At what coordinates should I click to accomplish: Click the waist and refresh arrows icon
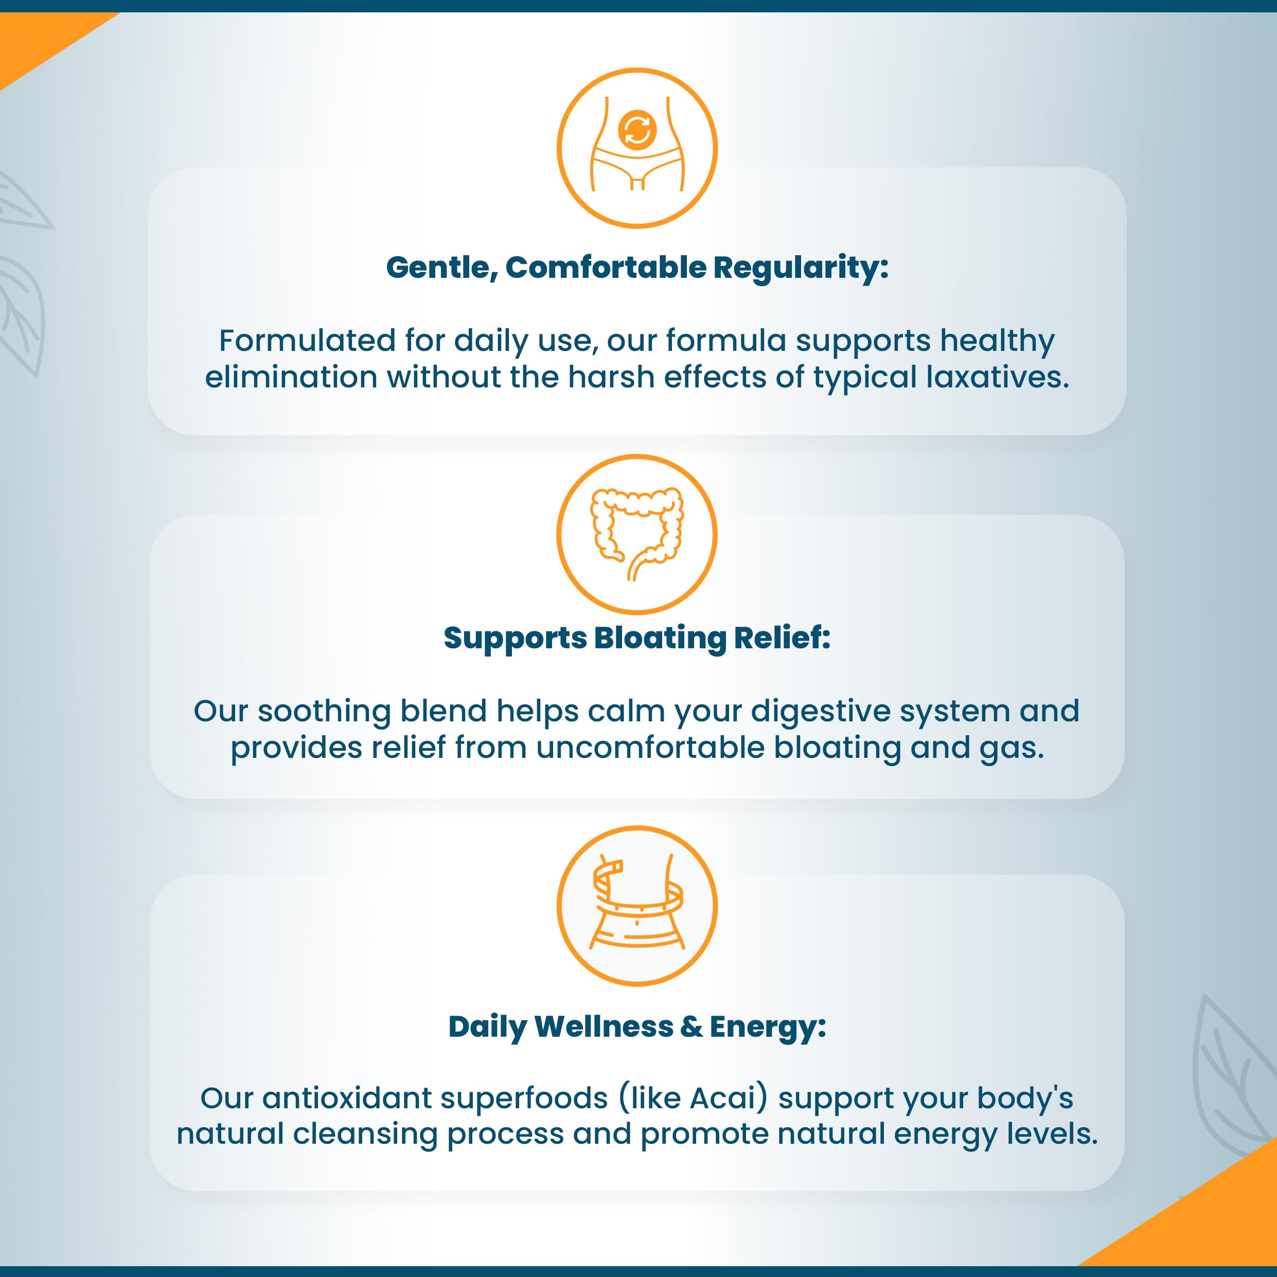click(637, 148)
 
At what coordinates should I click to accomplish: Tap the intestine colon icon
click(637, 534)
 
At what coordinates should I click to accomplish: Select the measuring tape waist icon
click(637, 906)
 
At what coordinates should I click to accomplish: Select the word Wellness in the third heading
click(604, 1026)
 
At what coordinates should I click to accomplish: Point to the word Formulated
click(307, 341)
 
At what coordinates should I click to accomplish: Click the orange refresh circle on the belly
click(637, 130)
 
